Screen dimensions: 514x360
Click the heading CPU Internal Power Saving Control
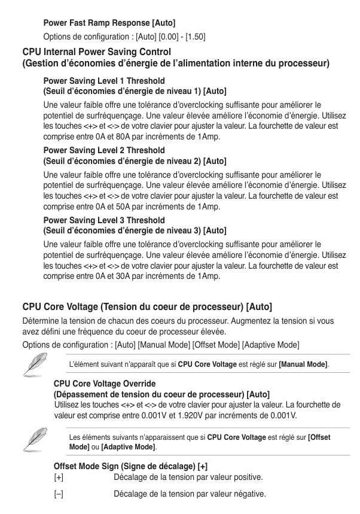96,52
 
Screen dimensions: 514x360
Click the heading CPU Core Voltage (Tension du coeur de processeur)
147,307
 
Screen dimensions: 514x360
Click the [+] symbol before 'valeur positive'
59,477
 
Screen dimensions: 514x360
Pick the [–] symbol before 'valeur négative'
59,494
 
